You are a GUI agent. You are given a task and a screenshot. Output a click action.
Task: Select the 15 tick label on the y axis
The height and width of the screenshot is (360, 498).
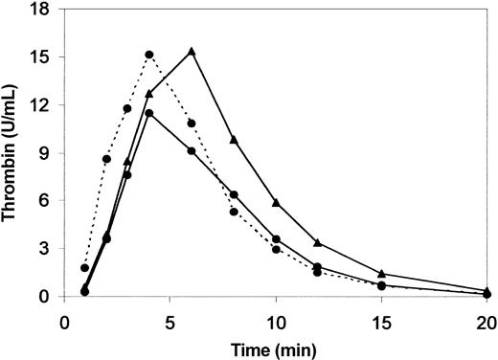coord(46,56)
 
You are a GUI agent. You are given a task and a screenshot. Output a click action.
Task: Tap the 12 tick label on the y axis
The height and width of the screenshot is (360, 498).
coord(46,104)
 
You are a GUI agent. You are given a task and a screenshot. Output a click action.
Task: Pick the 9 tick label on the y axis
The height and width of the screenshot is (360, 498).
coord(50,153)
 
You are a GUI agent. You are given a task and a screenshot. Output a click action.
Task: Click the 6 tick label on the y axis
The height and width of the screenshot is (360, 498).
coord(50,201)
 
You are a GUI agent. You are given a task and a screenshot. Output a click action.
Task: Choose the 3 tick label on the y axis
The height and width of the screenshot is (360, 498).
coord(50,249)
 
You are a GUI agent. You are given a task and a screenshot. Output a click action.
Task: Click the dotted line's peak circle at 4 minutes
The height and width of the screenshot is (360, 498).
coord(149,56)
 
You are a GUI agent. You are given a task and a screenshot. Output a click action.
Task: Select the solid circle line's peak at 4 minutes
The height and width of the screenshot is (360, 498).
coord(149,114)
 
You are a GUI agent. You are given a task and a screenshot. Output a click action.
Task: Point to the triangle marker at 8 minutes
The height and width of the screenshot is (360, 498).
coord(234,140)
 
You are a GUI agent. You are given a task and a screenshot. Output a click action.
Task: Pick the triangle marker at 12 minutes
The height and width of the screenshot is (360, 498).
coord(318,243)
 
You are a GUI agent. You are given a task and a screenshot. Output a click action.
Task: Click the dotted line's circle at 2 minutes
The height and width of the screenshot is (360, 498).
coord(106,159)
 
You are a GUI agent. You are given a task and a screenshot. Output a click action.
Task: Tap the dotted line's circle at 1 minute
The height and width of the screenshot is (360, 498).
coord(85,268)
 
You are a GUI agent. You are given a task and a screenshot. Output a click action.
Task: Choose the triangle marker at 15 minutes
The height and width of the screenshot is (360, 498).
coord(381,274)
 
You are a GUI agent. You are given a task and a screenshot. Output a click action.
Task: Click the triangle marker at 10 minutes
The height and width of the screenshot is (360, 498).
coord(276,202)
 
